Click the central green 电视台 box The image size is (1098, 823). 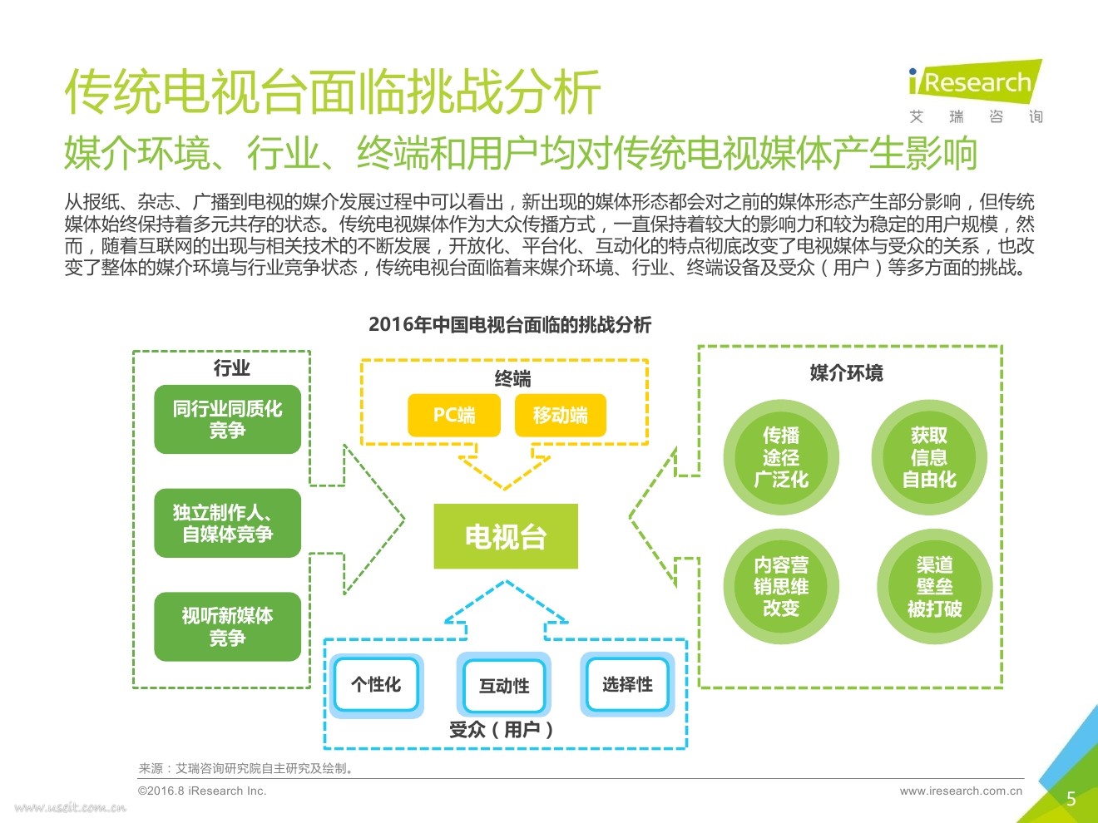[506, 536]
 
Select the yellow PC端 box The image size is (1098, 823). [454, 415]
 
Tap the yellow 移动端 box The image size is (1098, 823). [560, 415]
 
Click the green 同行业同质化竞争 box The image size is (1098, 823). [227, 419]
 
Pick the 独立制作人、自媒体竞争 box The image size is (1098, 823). [227, 523]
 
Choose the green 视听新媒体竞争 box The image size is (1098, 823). [227, 626]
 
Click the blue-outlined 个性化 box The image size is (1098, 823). [376, 684]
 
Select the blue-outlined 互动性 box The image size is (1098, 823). [504, 685]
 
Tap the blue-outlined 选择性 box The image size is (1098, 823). [627, 684]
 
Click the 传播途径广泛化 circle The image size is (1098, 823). [780, 457]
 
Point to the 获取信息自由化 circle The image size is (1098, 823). [929, 457]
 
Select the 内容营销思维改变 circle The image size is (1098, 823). [780, 587]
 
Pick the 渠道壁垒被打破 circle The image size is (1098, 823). [934, 587]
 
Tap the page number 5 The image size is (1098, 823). [1071, 799]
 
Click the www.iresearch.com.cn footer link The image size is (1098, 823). [961, 791]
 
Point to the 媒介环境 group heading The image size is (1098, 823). [846, 373]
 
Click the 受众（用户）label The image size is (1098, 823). [502, 730]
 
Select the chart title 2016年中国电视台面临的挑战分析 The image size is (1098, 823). [510, 325]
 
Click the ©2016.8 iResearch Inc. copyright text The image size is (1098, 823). [202, 791]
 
